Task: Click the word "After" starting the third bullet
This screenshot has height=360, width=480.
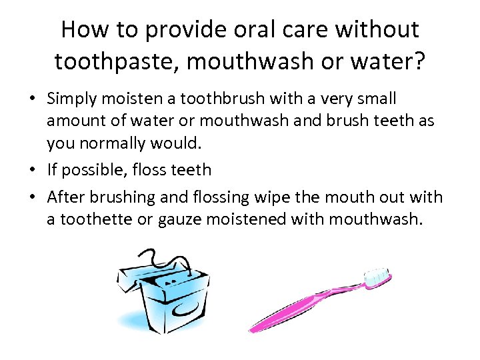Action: (x=65, y=197)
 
